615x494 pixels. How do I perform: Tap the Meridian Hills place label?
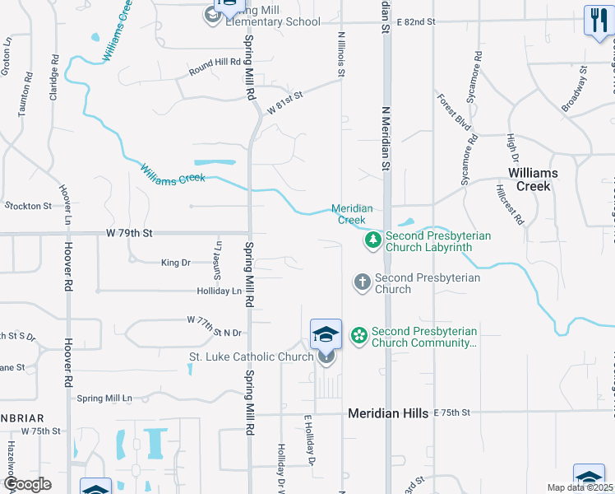click(388, 413)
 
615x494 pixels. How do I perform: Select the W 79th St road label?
click(130, 234)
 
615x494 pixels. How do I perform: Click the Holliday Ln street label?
click(219, 291)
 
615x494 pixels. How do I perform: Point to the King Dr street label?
click(175, 263)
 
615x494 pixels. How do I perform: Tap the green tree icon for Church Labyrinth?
click(372, 240)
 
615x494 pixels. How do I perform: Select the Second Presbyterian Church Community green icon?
click(358, 336)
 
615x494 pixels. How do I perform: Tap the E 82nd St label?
click(415, 22)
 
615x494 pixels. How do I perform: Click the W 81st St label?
click(285, 102)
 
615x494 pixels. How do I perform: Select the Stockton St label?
click(28, 205)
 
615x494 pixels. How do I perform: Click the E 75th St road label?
click(451, 412)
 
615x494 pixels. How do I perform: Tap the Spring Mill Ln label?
click(104, 398)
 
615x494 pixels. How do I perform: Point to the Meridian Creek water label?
click(352, 214)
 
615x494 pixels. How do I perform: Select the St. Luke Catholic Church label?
click(251, 357)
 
